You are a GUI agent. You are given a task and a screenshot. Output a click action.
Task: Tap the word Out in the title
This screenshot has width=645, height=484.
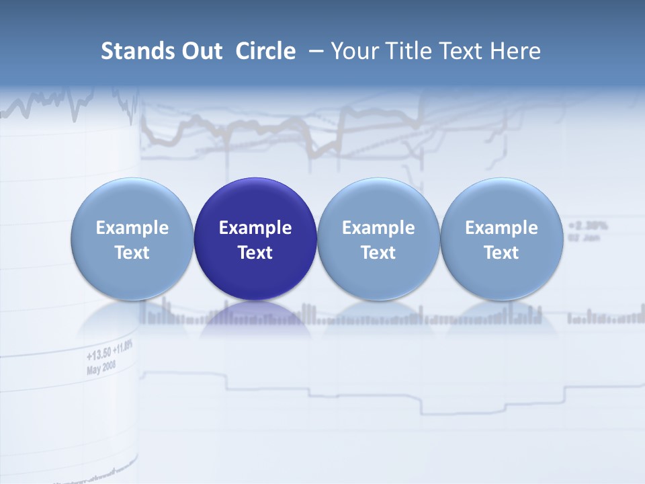click(200, 51)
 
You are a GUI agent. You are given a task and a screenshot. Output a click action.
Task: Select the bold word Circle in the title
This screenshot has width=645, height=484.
click(265, 51)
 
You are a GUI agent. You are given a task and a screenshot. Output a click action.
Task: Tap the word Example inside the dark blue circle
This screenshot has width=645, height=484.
click(255, 228)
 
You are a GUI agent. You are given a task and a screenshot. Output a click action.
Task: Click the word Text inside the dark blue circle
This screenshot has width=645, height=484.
click(255, 253)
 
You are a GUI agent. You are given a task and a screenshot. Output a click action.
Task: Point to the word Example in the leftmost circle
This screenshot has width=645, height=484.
click(132, 228)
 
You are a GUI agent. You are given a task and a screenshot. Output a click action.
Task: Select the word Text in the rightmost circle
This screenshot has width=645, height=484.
click(501, 253)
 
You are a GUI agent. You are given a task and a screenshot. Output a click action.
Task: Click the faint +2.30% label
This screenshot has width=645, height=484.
click(588, 225)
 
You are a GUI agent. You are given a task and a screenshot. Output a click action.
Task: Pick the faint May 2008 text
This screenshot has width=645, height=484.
click(101, 367)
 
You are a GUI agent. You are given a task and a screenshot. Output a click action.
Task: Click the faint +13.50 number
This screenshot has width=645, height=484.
click(98, 354)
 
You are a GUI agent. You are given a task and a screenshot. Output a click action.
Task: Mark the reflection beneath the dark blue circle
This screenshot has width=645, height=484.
click(255, 319)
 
